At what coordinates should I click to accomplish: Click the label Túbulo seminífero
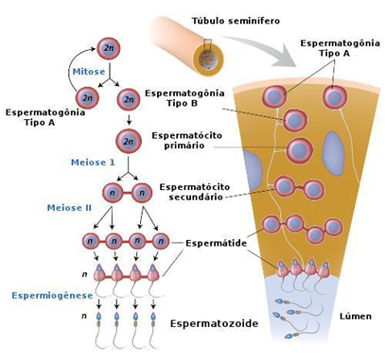tap(236, 21)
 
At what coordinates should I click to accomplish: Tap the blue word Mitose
tap(89, 72)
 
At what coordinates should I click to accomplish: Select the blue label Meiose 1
tap(93, 163)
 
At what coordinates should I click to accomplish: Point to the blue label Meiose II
tap(69, 208)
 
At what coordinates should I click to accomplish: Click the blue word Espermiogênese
tap(53, 296)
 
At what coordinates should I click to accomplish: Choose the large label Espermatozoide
tap(215, 323)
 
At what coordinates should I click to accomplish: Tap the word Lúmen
tap(356, 317)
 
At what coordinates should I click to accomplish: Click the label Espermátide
tap(217, 243)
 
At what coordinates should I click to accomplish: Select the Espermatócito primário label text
tap(187, 141)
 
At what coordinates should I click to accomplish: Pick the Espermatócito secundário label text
tap(195, 192)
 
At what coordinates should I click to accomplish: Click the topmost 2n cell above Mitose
tap(109, 48)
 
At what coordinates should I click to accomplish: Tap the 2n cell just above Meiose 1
tap(129, 141)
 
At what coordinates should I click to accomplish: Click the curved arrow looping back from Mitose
tap(72, 68)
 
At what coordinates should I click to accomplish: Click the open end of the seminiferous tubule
tap(208, 60)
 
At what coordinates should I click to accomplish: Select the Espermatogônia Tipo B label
tap(184, 98)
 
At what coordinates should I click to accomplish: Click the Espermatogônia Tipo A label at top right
tap(340, 48)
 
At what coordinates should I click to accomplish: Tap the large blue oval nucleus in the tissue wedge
tap(333, 153)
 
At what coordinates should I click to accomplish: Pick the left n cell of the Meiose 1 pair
tap(113, 193)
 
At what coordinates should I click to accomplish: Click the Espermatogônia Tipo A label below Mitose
tap(45, 117)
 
